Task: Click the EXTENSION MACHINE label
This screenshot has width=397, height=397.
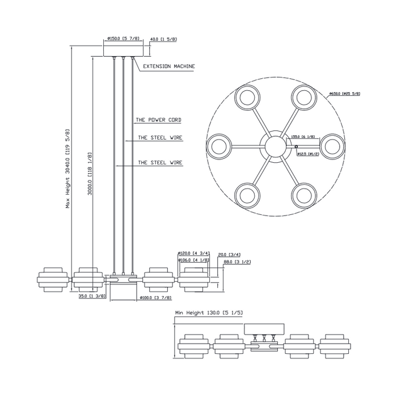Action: click(x=169, y=66)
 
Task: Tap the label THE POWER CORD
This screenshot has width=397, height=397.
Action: click(x=159, y=120)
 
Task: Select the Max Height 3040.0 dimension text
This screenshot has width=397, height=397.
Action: click(x=67, y=168)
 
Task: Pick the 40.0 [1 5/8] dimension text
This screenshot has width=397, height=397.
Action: click(x=164, y=40)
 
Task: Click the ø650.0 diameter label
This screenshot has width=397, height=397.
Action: click(x=345, y=94)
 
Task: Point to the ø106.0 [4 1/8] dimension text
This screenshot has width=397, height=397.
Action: click(x=194, y=260)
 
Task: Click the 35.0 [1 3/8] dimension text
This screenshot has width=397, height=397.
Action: click(x=90, y=295)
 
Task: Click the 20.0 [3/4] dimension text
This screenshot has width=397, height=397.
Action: click(x=229, y=255)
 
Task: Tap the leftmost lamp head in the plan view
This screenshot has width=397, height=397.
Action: click(x=218, y=145)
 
